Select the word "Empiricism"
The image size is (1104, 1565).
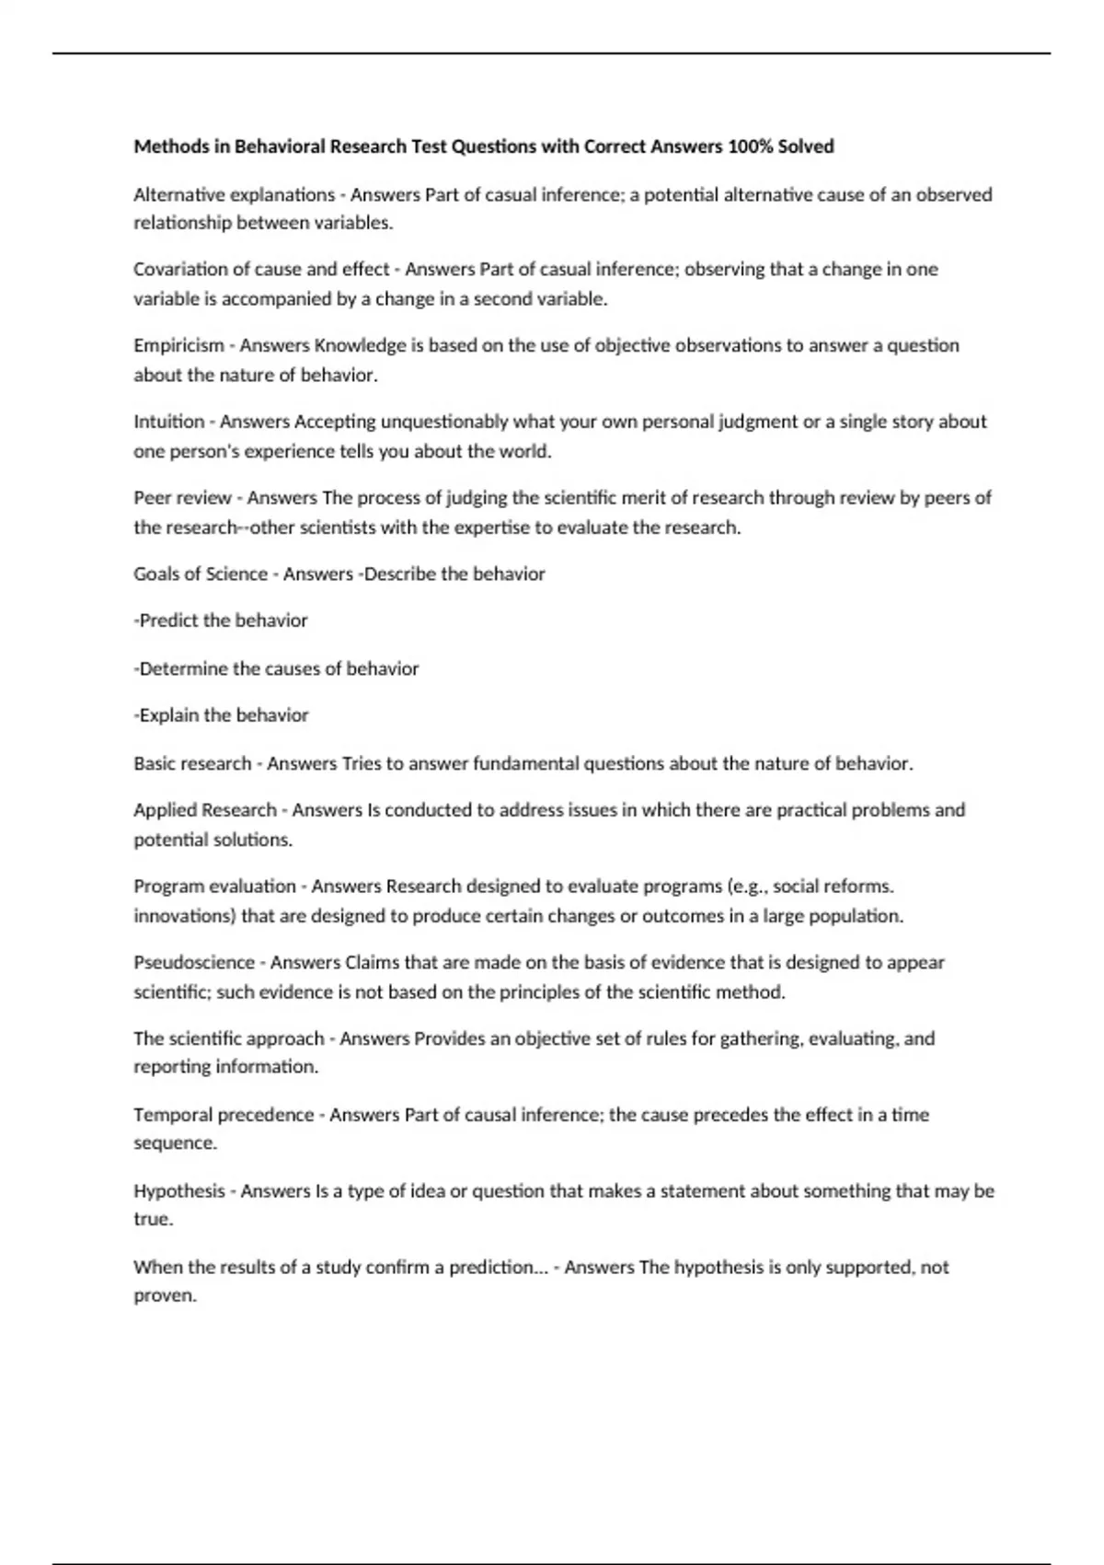click(178, 345)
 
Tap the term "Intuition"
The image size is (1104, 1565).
click(169, 422)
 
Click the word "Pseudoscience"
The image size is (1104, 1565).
click(194, 962)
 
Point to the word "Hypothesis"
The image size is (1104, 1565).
click(179, 1190)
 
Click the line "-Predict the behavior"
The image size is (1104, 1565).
click(221, 620)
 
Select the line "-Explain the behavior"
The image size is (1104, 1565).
click(221, 715)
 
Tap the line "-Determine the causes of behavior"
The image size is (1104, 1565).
click(276, 668)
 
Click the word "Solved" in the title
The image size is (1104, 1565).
click(806, 146)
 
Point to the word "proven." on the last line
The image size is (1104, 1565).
click(166, 1295)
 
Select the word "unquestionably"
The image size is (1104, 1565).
click(444, 422)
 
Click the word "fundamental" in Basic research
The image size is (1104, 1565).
click(526, 763)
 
